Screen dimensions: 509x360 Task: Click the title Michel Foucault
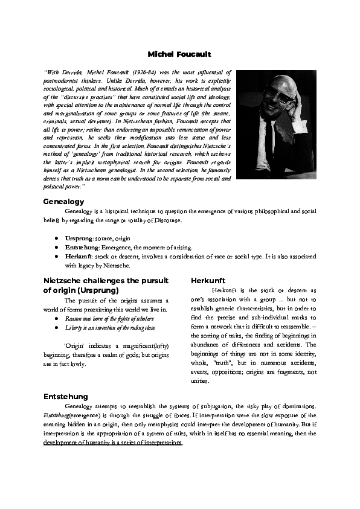(179, 55)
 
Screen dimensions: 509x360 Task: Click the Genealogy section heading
(63, 201)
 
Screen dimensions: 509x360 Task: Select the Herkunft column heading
(208, 281)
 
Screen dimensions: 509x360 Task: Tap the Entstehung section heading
(65, 397)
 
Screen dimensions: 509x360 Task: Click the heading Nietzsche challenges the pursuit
(106, 281)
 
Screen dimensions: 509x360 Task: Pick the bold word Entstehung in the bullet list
(82, 248)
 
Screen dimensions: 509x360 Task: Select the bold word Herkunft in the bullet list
(79, 256)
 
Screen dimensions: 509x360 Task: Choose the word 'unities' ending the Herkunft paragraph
(200, 381)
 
